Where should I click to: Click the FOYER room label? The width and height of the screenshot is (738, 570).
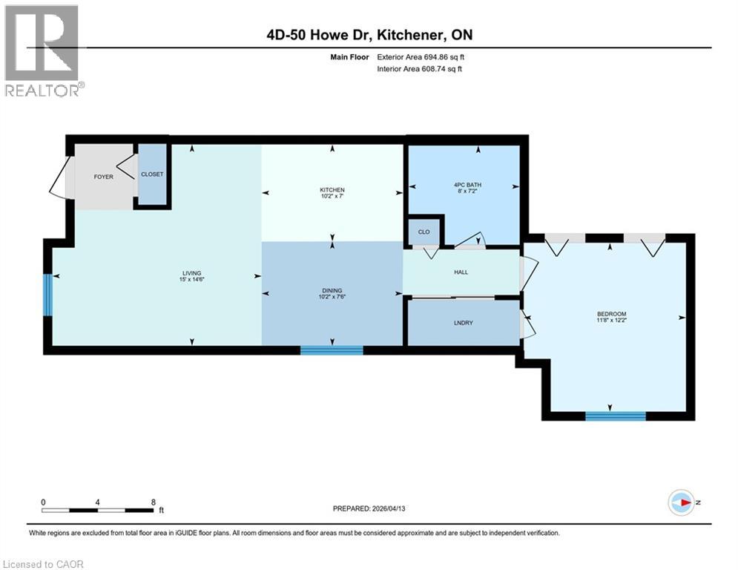[103, 177]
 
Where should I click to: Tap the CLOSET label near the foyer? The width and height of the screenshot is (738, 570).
[152, 174]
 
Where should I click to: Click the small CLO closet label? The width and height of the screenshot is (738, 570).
[424, 232]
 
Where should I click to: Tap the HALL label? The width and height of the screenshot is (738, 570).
[461, 272]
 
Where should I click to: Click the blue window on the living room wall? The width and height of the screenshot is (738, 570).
[47, 295]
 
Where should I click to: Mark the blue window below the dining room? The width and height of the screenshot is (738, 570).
[332, 350]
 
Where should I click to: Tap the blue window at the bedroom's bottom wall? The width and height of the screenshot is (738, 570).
[615, 416]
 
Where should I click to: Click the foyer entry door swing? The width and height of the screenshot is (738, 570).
[58, 181]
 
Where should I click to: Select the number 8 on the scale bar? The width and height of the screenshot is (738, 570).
[153, 502]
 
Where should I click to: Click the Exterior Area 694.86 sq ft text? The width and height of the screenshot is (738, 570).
[421, 57]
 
